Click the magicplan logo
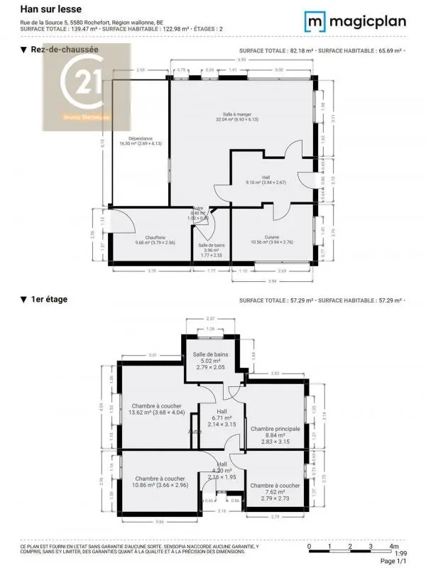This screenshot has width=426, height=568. tap(355, 22)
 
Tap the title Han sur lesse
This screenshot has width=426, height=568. tap(51, 9)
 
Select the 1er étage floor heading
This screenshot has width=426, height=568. tap(48, 300)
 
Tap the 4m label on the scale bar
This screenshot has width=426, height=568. tap(393, 546)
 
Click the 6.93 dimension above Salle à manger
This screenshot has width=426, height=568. tap(242, 60)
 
